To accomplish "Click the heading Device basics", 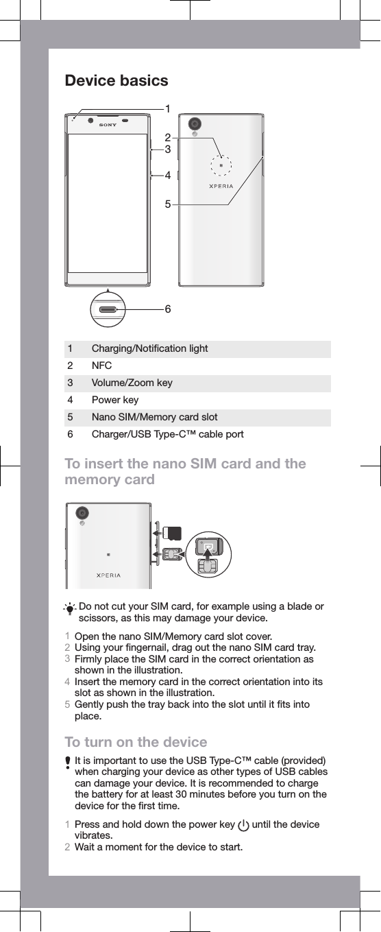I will (x=116, y=81).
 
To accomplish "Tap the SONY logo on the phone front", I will (x=108, y=125).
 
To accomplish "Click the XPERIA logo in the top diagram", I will (x=221, y=186).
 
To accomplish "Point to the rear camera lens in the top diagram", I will (x=196, y=123).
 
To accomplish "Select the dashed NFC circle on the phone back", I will (x=221, y=166).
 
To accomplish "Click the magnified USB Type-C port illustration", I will (x=108, y=309).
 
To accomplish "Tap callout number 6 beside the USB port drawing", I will (x=167, y=309).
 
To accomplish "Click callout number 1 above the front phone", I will (x=167, y=108).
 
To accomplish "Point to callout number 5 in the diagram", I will (x=167, y=204).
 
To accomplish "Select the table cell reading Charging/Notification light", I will (x=149, y=349).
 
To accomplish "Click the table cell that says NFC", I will (x=102, y=366).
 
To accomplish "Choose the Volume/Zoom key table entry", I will (x=132, y=383).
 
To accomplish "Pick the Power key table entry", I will (x=115, y=401).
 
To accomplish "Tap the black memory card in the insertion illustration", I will (x=174, y=533).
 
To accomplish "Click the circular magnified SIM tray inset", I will (x=210, y=554).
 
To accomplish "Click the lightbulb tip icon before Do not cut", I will (x=71, y=608).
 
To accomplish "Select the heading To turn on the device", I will (x=135, y=743).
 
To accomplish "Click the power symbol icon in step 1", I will (x=243, y=826).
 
